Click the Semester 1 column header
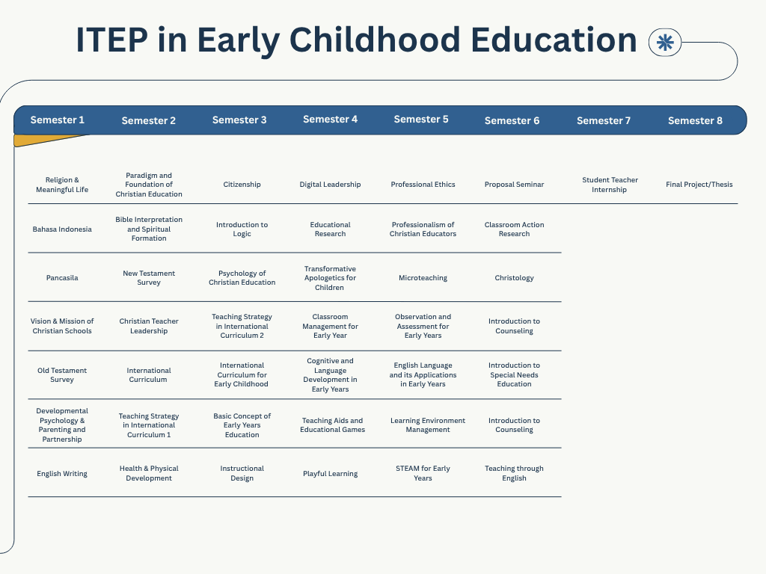57,120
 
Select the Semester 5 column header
421,119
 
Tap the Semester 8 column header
695,120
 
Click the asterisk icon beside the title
665,43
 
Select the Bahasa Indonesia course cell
62,229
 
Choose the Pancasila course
62,278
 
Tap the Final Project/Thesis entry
699,185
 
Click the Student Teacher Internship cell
610,185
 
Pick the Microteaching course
423,278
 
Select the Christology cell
514,278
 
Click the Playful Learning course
330,473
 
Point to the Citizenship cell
242,185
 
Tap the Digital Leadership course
330,185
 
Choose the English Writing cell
62,473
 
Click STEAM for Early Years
423,473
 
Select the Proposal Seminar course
514,185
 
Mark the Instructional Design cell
242,473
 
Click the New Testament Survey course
149,278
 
